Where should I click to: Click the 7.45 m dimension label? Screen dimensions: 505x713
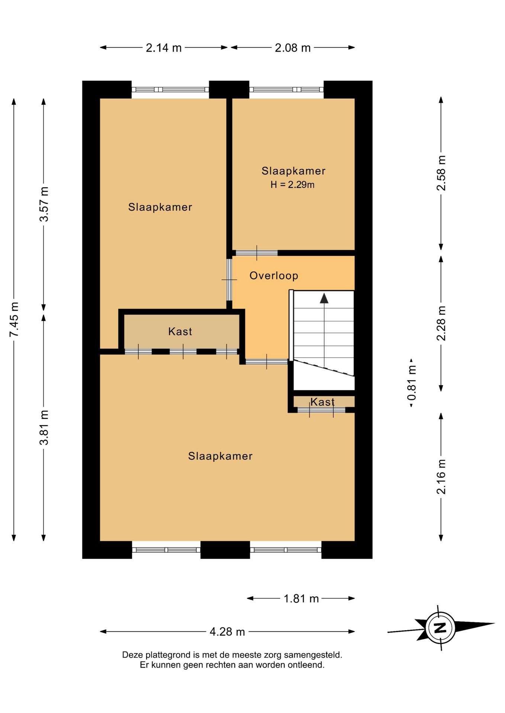point(14,320)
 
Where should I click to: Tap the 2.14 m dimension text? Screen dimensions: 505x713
point(164,48)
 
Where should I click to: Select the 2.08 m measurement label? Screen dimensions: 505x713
point(293,48)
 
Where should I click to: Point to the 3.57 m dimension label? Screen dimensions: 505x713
point(44,204)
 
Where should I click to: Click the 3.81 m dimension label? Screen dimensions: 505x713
point(44,427)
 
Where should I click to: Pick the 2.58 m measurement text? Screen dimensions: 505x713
point(441,173)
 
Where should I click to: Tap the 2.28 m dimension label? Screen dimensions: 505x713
point(441,323)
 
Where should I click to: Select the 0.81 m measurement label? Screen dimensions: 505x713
point(412,383)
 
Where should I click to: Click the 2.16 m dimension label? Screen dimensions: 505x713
point(441,477)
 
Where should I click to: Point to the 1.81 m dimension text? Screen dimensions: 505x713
point(301,599)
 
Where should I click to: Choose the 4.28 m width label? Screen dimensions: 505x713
point(227,632)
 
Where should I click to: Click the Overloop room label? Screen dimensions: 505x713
point(274,276)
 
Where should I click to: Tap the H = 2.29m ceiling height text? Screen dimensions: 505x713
point(292,185)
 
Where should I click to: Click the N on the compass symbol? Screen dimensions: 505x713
point(440,628)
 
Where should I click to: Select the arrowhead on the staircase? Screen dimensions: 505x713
point(324,298)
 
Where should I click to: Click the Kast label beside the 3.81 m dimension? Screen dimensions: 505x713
point(180,331)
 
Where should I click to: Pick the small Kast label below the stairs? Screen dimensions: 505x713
point(322,402)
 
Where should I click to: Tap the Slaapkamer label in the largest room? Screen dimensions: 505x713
point(220,456)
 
